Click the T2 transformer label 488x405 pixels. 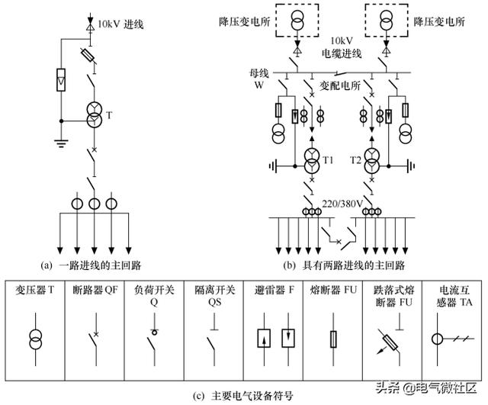click(355, 159)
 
